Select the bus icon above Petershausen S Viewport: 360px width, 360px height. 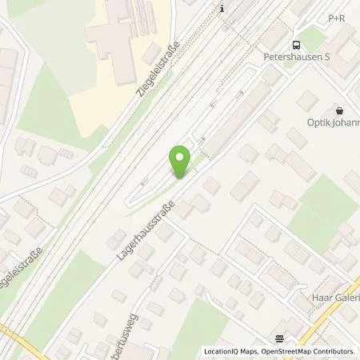tap(297, 46)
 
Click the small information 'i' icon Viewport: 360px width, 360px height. tap(223, 8)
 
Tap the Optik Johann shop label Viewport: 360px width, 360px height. tap(333, 122)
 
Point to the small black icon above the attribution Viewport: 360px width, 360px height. tap(279, 338)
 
